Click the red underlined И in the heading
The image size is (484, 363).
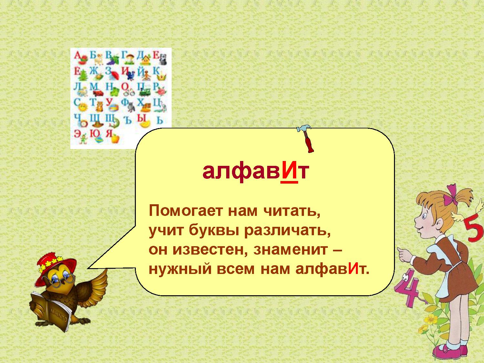click(289, 172)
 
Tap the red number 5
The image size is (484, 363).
click(474, 231)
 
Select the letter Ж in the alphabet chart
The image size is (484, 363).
click(93, 71)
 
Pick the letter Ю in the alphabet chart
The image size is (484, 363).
click(93, 134)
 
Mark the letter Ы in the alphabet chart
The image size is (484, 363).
click(142, 118)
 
